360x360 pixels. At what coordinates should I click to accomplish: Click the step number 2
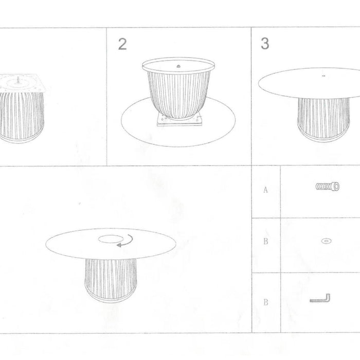click(122, 44)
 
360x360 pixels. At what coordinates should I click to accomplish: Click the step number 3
click(265, 43)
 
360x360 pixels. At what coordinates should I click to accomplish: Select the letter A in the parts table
click(265, 190)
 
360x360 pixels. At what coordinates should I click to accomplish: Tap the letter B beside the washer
click(266, 241)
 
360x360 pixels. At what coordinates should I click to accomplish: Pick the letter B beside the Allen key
click(266, 302)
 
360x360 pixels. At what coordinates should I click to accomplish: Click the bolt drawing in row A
click(328, 186)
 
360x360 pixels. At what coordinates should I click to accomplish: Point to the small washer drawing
click(326, 241)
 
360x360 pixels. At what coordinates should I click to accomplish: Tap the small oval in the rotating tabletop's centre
click(111, 239)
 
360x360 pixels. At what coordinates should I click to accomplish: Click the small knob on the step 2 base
click(178, 66)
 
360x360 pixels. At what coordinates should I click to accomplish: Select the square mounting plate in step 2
click(179, 120)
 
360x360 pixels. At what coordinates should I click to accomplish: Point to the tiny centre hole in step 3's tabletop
click(323, 76)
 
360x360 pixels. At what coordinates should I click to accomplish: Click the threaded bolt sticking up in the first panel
click(18, 80)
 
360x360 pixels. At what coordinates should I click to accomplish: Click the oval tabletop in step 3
click(309, 83)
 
